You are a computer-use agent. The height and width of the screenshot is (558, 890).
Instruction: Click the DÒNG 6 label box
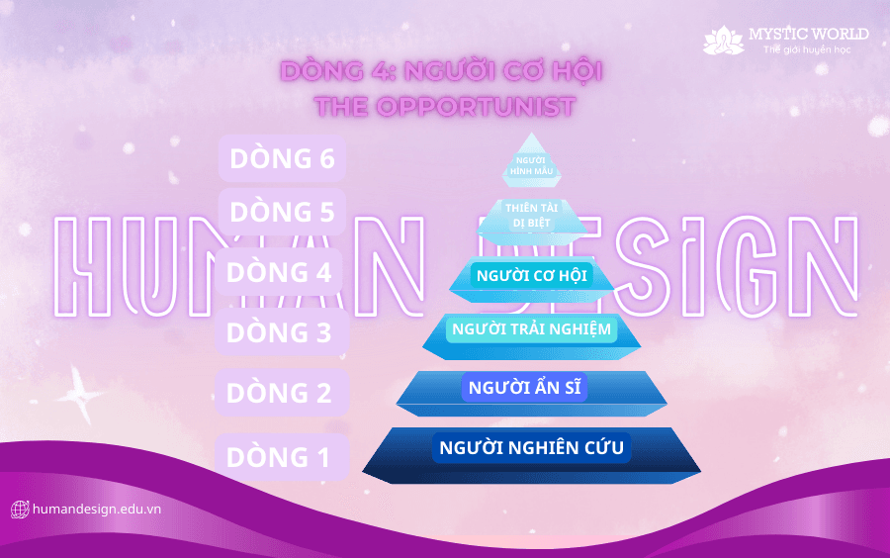point(282,158)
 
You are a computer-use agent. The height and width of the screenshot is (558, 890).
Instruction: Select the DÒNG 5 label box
point(282,212)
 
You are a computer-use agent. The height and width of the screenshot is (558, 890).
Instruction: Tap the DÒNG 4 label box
point(279,272)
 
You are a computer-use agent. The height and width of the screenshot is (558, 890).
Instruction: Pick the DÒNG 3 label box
point(282,332)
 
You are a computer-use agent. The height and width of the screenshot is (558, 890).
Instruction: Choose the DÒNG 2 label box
point(282,392)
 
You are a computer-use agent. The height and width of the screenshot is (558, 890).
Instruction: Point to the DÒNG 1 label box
point(282,457)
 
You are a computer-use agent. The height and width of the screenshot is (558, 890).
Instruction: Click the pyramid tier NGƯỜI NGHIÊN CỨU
point(532,455)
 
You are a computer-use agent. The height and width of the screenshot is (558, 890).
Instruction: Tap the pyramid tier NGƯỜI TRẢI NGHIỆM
point(532,336)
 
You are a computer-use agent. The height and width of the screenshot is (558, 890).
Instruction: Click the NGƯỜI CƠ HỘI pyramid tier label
point(532,276)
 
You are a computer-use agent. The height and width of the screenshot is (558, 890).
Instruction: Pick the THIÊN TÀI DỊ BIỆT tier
point(532,220)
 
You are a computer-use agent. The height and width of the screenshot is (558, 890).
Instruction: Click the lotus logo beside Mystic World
point(723,41)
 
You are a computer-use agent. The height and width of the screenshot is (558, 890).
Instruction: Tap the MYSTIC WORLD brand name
point(808,34)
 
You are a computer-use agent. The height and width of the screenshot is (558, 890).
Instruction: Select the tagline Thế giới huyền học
point(807,49)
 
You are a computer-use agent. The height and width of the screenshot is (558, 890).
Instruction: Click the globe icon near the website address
point(20,510)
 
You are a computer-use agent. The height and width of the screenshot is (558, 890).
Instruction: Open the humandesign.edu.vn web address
point(97,509)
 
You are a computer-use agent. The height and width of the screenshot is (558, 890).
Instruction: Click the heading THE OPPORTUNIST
point(445,107)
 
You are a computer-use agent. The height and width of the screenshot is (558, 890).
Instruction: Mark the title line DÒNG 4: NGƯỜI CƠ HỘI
point(441,71)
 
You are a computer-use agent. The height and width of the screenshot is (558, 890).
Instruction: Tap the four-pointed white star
point(81,395)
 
